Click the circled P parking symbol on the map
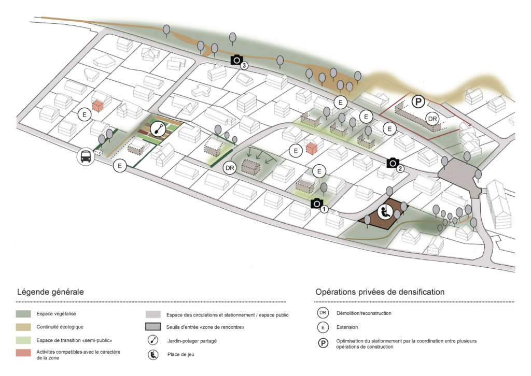coord(417,102)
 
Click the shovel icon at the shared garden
coord(158,128)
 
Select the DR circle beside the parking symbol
coord(432,119)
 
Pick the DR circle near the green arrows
coord(230,168)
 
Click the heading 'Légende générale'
coord(50,292)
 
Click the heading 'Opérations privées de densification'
coord(380,292)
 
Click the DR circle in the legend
coord(323,314)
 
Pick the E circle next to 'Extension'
coord(323,327)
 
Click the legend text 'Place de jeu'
coord(180,355)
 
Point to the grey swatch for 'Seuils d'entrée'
coord(153,327)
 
